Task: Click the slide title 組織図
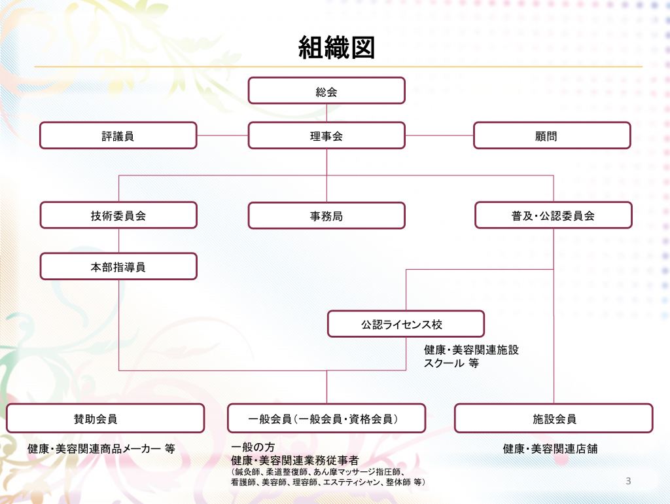tap(336, 47)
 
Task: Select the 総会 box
tap(326, 90)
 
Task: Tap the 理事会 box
tap(326, 135)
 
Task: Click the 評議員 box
tap(118, 135)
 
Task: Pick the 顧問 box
tap(552, 135)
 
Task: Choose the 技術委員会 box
tap(118, 215)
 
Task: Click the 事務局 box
tap(326, 215)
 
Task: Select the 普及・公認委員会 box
tap(554, 215)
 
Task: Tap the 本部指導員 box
tap(118, 266)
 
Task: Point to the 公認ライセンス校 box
tap(406, 324)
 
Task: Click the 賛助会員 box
tap(105, 418)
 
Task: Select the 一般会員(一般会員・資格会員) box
tap(326, 418)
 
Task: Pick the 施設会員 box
tap(554, 418)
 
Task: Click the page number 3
tap(628, 481)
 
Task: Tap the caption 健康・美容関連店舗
tap(550, 448)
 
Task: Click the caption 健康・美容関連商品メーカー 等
tap(101, 448)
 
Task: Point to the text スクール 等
tap(451, 363)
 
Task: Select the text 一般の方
tap(253, 447)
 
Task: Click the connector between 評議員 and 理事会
tap(222, 135)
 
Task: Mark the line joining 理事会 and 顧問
tap(439, 135)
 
